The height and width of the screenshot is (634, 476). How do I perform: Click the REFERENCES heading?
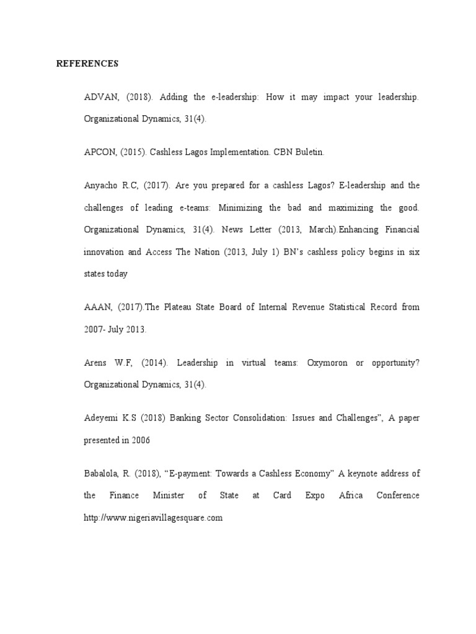[x=87, y=63]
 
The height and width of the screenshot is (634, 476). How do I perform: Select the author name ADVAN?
[x=99, y=98]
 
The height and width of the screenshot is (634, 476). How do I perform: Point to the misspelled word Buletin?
[x=310, y=152]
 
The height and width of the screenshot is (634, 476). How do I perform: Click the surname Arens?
[x=96, y=362]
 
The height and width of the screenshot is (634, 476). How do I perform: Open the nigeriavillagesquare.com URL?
[x=153, y=518]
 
